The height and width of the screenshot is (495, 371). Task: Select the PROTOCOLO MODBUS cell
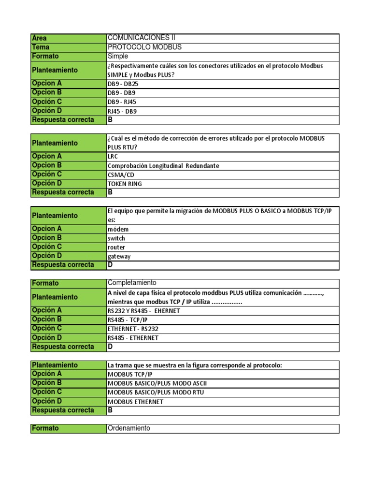[x=145, y=47]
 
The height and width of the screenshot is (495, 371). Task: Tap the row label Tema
[x=41, y=47]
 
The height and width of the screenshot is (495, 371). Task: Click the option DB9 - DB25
[x=123, y=84]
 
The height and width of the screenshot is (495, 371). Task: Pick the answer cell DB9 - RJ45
[x=122, y=102]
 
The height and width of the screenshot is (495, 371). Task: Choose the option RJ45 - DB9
[x=122, y=111]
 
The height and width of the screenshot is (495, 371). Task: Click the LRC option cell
[x=113, y=157]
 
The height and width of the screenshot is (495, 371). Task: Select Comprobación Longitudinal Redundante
[x=163, y=166]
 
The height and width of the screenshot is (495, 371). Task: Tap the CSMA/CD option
[x=121, y=175]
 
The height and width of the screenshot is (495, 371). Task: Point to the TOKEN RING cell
[x=125, y=184]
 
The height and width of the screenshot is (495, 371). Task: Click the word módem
[x=118, y=229]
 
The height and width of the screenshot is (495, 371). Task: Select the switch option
[x=116, y=238]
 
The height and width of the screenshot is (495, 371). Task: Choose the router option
[x=116, y=247]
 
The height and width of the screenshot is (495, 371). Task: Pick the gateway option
[x=119, y=256]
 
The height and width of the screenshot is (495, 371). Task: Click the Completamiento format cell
[x=132, y=283]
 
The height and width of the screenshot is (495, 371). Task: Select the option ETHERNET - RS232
[x=136, y=329]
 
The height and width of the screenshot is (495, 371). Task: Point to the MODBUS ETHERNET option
[x=135, y=402]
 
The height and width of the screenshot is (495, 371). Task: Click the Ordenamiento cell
[x=129, y=428]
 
